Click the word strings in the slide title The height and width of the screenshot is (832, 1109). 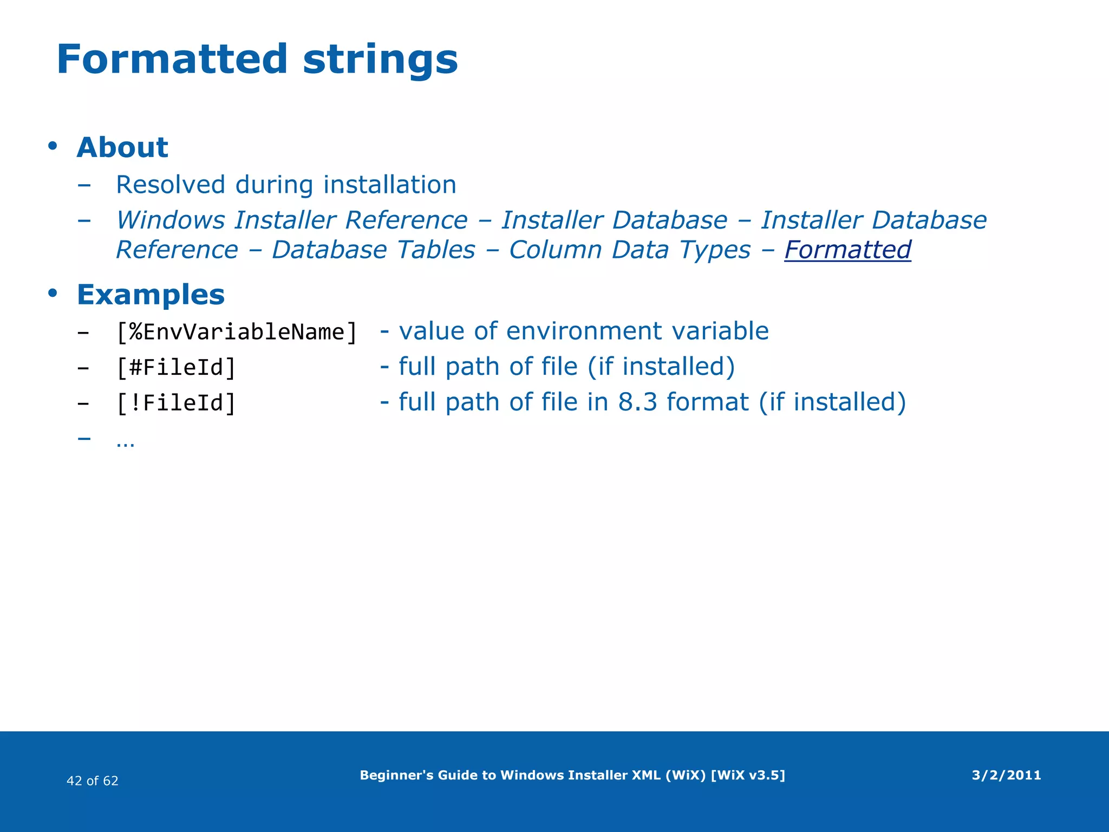pyautogui.click(x=380, y=60)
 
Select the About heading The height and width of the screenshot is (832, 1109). pyautogui.click(x=122, y=147)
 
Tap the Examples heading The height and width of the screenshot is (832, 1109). pyautogui.click(x=151, y=295)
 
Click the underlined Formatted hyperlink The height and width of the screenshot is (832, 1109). pyautogui.click(x=847, y=250)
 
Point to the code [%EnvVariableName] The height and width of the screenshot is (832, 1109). pyautogui.click(x=237, y=331)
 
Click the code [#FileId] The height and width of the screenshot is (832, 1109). pyautogui.click(x=176, y=367)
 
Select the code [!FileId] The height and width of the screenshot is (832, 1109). pyautogui.click(x=176, y=403)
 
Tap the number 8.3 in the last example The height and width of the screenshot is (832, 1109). pyautogui.click(x=637, y=402)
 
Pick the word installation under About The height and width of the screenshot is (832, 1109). pyautogui.click(x=389, y=185)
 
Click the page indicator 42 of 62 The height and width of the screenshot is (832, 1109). pyautogui.click(x=92, y=781)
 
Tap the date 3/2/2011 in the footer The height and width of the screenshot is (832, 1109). pyautogui.click(x=1006, y=775)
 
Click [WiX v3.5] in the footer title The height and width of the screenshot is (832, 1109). pyautogui.click(x=747, y=775)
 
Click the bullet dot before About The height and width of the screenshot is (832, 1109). pyautogui.click(x=52, y=146)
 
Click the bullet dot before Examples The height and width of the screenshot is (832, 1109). pyautogui.click(x=52, y=293)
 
